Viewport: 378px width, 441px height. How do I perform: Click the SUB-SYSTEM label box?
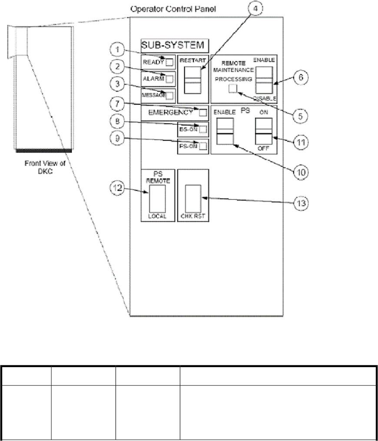174,45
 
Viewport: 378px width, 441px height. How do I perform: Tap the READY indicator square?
169,62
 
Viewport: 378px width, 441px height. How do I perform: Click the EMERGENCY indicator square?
202,113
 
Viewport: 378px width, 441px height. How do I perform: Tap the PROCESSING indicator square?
233,89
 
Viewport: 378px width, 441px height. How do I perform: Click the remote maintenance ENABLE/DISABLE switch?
262,79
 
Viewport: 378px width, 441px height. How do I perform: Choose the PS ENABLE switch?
225,132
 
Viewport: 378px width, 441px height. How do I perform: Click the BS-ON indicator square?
202,129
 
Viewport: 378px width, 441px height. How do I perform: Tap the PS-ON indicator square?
202,146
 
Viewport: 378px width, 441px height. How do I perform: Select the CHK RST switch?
193,198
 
